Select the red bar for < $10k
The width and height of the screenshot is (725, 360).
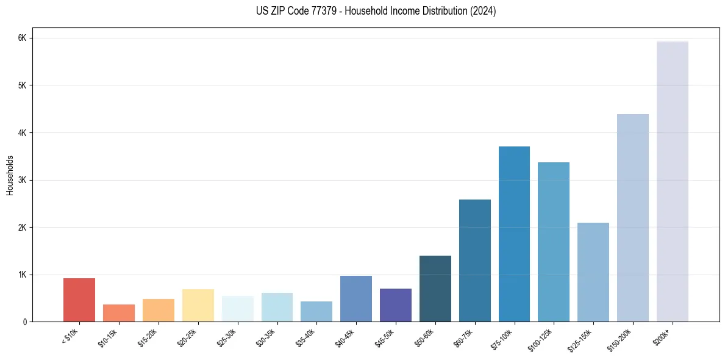pyautogui.click(x=79, y=300)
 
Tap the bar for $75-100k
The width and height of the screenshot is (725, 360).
pyautogui.click(x=514, y=234)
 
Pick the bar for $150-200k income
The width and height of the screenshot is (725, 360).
pyautogui.click(x=632, y=218)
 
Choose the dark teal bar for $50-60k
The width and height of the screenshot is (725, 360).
pyautogui.click(x=435, y=289)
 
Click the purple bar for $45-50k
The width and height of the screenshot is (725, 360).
pyautogui.click(x=396, y=305)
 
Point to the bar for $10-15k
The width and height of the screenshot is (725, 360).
pyautogui.click(x=119, y=313)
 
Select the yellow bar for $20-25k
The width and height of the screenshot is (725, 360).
pyautogui.click(x=198, y=306)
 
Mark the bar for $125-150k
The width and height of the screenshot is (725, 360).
pyautogui.click(x=593, y=272)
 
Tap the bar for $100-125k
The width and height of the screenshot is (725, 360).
pyautogui.click(x=554, y=242)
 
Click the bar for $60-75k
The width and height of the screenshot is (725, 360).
pyautogui.click(x=474, y=261)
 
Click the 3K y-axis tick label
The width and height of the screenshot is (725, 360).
pyautogui.click(x=23, y=180)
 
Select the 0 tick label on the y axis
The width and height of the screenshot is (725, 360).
pyautogui.click(x=24, y=322)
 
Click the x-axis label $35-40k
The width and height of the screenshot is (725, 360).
pyautogui.click(x=306, y=336)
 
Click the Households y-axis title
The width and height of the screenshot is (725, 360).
pyautogui.click(x=10, y=175)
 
